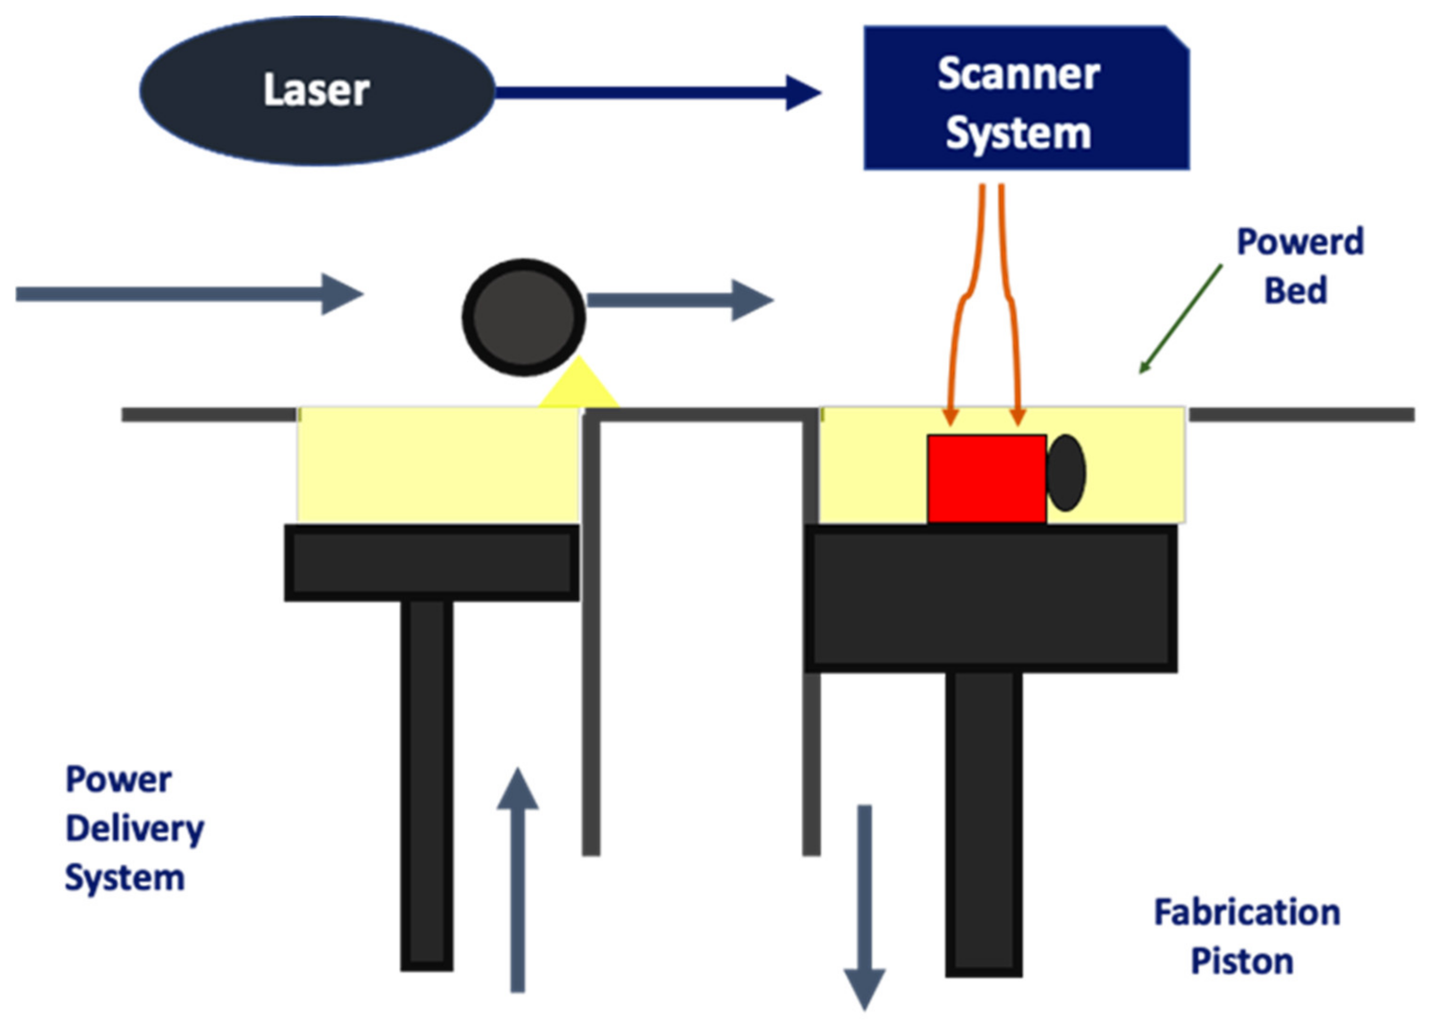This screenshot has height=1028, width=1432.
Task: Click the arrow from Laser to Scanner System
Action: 657,93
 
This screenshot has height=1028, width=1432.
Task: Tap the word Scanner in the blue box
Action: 1018,75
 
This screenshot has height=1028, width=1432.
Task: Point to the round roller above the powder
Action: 523,317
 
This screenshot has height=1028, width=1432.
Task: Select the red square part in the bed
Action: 986,478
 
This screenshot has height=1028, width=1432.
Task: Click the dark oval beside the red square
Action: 1066,472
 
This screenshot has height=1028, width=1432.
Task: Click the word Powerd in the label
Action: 1299,242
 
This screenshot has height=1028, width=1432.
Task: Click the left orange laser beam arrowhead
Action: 951,417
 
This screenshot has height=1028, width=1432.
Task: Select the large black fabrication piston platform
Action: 990,598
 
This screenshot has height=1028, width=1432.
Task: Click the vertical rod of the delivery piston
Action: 427,783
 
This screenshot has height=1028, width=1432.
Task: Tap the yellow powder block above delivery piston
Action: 437,464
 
